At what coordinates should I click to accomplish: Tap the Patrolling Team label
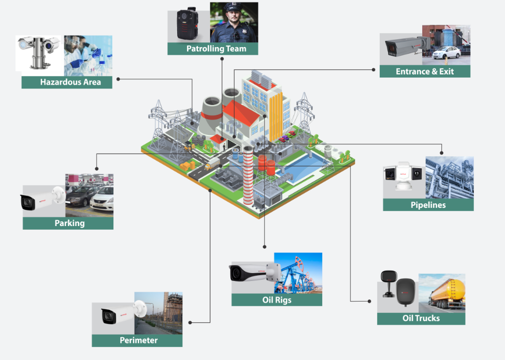(x=212, y=49)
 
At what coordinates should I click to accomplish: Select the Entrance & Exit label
(x=425, y=71)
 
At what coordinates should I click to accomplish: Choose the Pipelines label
(x=428, y=205)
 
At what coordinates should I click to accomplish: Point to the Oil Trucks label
(x=421, y=318)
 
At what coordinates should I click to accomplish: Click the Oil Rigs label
(x=277, y=299)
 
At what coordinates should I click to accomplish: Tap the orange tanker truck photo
(x=442, y=293)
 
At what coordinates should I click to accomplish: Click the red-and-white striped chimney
(x=249, y=176)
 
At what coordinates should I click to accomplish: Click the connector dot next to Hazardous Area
(x=119, y=79)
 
